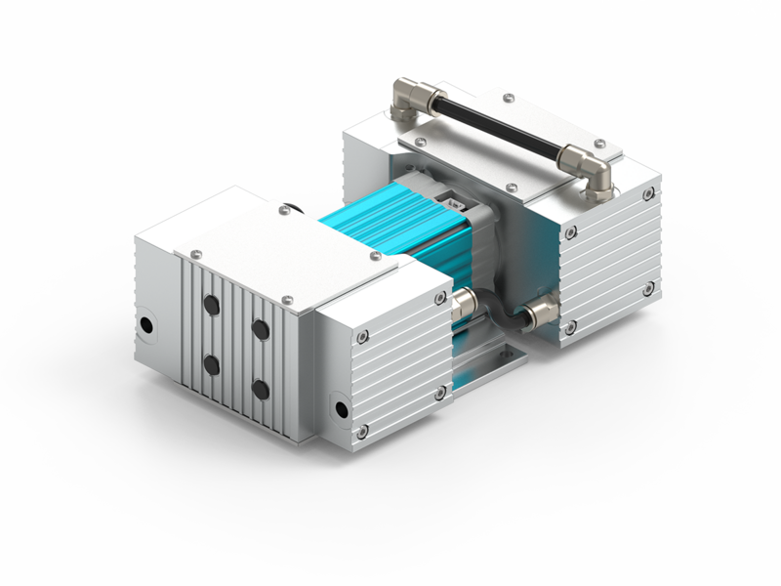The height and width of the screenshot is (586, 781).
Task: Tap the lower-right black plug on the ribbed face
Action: [260, 389]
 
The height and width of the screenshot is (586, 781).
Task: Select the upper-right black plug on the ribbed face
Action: [261, 329]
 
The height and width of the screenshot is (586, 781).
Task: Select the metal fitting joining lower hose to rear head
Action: [540, 315]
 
